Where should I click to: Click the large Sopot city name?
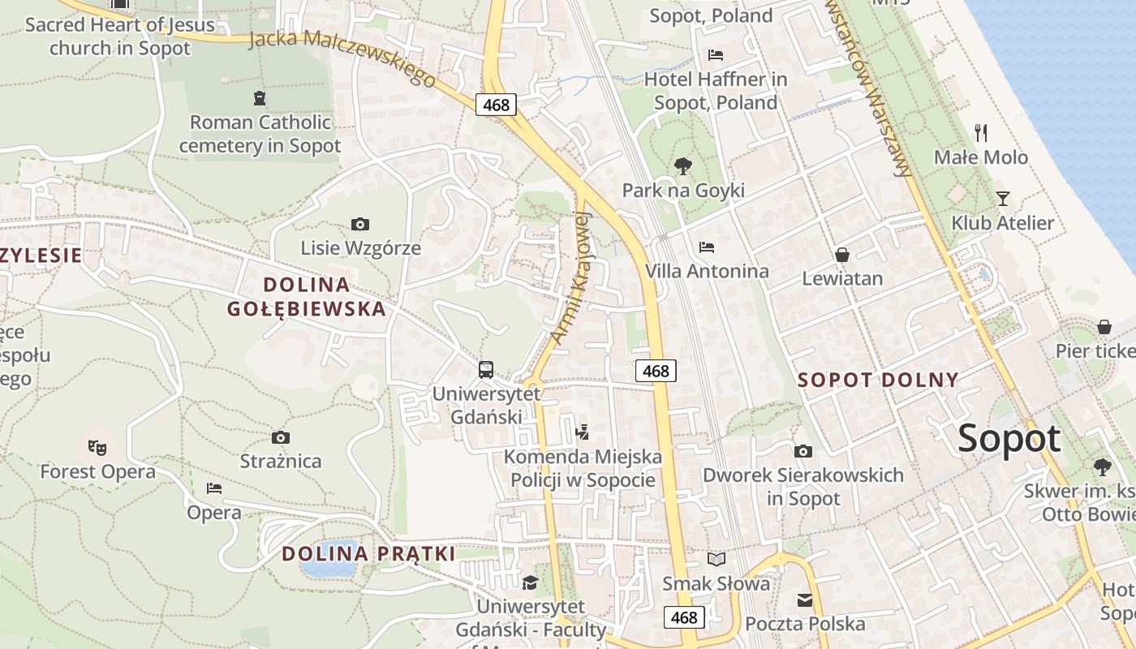coord(1009,439)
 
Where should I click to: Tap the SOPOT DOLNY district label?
coord(878,380)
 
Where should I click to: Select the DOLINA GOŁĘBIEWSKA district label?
coord(307,297)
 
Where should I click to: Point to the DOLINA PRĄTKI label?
coord(368,554)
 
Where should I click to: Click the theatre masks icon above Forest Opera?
coord(97,447)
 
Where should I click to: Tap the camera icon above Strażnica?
coord(281,437)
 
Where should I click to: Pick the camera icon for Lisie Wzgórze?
coord(360,224)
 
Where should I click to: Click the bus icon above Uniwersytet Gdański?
coord(486,370)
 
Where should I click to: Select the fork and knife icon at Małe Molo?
coord(981,133)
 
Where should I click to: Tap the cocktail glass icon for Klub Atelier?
coord(1003,198)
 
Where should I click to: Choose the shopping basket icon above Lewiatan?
coord(842,255)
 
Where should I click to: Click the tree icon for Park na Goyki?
coord(683,166)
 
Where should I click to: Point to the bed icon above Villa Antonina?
coord(707,247)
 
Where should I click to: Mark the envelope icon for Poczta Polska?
coord(805,600)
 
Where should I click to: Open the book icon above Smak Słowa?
coord(716,559)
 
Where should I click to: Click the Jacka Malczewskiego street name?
coord(342,58)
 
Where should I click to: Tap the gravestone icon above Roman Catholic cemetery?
coord(260,98)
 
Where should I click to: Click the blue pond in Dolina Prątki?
coord(329,558)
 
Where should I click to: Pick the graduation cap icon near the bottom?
coord(530,582)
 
